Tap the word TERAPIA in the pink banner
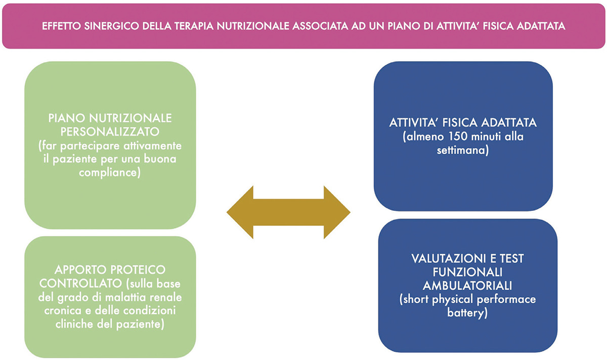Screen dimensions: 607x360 click(194, 26)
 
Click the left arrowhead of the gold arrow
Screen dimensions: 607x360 click(240, 212)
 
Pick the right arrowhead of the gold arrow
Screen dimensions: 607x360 click(337, 212)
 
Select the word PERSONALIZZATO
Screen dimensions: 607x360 click(110, 132)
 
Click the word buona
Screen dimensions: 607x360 click(160, 159)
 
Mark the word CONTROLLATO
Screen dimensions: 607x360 click(80, 284)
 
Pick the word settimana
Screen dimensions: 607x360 click(461, 150)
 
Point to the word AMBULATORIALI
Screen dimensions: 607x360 click(467, 286)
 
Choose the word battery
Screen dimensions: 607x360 click(465, 313)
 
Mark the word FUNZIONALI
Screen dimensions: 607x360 click(467, 272)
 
